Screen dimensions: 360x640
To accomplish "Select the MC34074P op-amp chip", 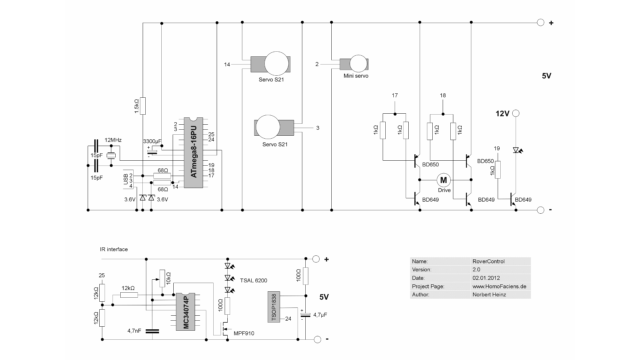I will pyautogui.click(x=186, y=312).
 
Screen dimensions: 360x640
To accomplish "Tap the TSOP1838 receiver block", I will pyautogui.click(x=274, y=307).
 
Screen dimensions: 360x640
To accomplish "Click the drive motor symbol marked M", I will pyautogui.click(x=444, y=180).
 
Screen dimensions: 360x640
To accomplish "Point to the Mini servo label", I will pyautogui.click(x=356, y=76).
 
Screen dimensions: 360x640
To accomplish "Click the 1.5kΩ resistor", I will pyautogui.click(x=143, y=106).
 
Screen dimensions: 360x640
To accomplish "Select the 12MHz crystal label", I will pyautogui.click(x=113, y=140).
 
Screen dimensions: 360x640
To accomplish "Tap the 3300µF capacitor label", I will pyautogui.click(x=152, y=141).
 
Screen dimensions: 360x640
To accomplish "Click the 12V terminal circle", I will pyautogui.click(x=516, y=113).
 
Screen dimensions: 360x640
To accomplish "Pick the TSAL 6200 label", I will pyautogui.click(x=253, y=281).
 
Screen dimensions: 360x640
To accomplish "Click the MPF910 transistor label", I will pyautogui.click(x=244, y=333).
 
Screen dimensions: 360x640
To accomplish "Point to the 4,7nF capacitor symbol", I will pyautogui.click(x=152, y=331).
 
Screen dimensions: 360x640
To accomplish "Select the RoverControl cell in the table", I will pyautogui.click(x=488, y=261).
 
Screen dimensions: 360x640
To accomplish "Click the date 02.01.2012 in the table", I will pyautogui.click(x=486, y=278).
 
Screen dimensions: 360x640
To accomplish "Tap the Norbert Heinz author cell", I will pyautogui.click(x=489, y=295).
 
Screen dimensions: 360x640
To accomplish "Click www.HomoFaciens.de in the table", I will pyautogui.click(x=499, y=286).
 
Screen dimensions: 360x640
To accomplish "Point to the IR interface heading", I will pyautogui.click(x=114, y=249).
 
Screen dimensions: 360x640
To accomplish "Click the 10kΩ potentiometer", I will pyautogui.click(x=162, y=278).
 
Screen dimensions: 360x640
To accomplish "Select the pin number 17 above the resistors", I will pyautogui.click(x=395, y=96).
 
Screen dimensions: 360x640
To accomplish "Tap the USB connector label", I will pyautogui.click(x=126, y=179).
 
